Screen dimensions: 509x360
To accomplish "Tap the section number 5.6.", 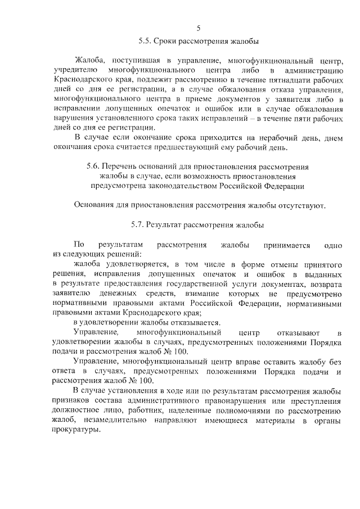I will [x=94, y=167].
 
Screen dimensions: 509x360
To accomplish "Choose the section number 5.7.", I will [x=138, y=225].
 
